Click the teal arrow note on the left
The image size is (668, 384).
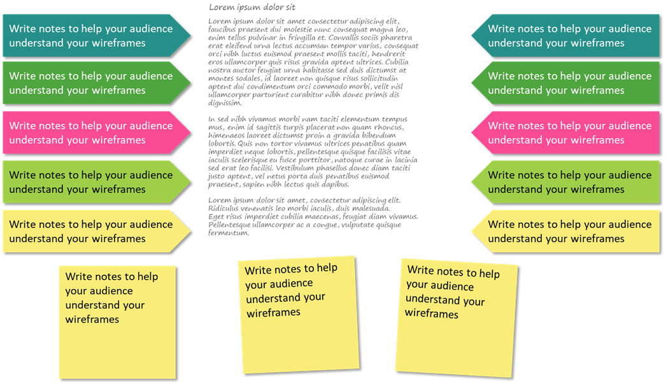96,36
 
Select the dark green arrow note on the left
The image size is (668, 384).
96,83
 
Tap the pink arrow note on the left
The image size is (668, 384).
96,132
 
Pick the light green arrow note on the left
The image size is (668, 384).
96,182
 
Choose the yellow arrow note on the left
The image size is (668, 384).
96,231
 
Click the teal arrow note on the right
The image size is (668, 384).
567,36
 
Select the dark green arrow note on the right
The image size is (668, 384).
567,83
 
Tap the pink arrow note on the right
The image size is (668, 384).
567,132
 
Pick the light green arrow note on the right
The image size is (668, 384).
567,182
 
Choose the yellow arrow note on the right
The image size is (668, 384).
567,231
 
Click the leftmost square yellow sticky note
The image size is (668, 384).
117,322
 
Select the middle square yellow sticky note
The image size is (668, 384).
299,315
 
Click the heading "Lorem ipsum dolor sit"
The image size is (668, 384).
252,7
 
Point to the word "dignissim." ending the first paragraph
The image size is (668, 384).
225,103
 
